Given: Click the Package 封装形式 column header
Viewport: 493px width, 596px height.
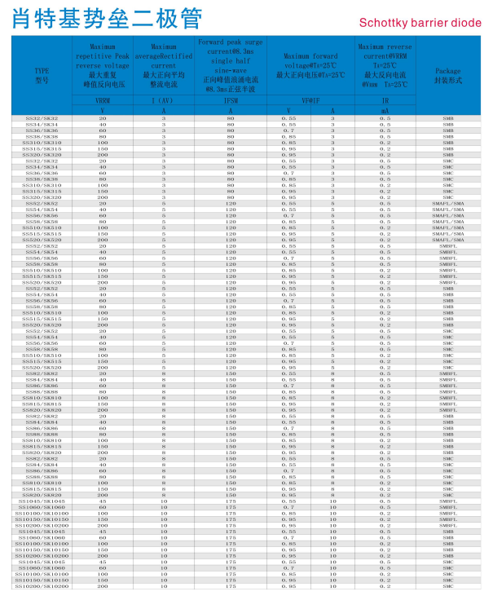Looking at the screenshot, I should tap(447, 74).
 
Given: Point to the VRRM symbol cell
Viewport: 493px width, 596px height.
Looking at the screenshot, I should tap(102, 101).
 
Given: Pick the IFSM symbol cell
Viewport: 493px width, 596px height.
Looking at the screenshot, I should tap(230, 101).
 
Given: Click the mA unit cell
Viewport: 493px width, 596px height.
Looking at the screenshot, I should tap(385, 109).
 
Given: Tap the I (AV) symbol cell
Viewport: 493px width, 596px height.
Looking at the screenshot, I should tap(163, 101).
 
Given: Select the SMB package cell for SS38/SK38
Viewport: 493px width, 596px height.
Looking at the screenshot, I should tap(447, 136).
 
